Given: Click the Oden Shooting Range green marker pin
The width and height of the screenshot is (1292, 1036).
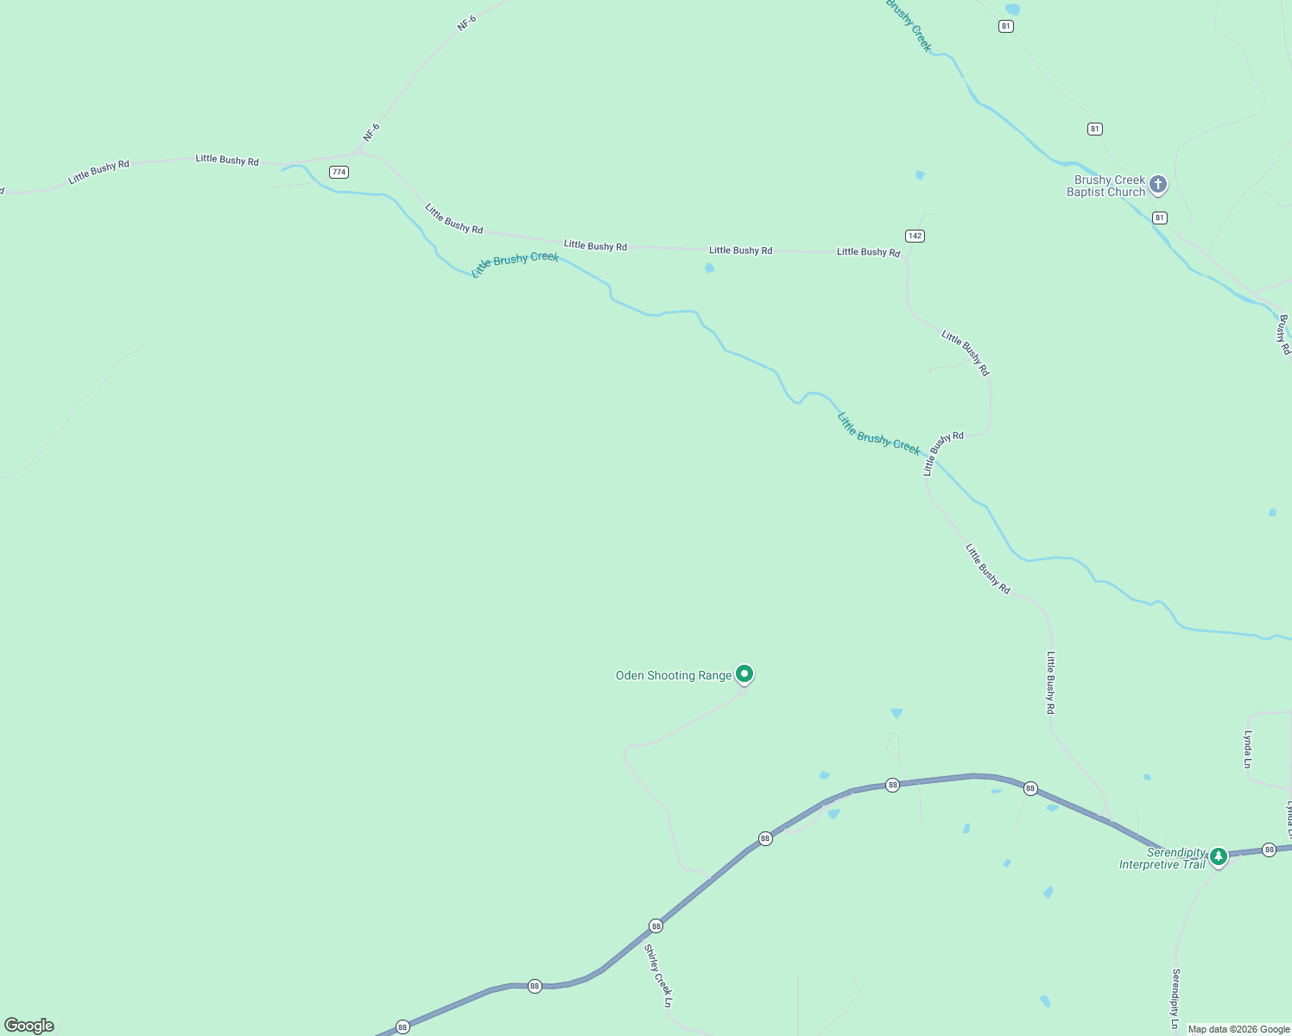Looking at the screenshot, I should point(744,673).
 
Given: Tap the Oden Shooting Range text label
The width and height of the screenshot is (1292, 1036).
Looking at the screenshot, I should point(673,675).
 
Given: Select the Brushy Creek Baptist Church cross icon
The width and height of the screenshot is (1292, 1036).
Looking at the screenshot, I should point(1158,184).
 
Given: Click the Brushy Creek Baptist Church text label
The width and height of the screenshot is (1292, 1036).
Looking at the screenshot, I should point(1105,186).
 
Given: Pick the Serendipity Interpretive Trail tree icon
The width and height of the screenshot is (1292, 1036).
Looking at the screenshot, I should point(1218,856).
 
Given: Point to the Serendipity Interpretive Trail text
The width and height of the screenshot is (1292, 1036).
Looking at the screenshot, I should point(1162,858).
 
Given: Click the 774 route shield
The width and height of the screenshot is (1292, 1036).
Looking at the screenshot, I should point(339,172).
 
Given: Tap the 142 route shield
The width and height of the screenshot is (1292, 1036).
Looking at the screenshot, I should point(915,236).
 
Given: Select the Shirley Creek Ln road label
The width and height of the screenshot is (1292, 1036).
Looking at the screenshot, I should point(658,976).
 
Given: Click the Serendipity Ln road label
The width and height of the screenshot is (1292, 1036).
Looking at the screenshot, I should point(1175,998).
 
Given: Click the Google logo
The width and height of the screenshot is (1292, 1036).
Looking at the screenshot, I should point(29,1026).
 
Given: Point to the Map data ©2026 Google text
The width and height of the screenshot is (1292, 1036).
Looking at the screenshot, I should point(1238,1029).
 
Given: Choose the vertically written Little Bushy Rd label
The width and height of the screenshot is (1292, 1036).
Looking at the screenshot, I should point(1050,682).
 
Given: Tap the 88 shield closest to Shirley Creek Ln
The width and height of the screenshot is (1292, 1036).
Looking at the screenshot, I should point(656,925).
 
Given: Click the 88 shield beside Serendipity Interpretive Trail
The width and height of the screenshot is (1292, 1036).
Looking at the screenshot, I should point(1269,850).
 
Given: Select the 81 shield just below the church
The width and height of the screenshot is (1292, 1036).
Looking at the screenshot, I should point(1160,218).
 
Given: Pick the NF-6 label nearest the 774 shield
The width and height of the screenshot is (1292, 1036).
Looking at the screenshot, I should point(371,133).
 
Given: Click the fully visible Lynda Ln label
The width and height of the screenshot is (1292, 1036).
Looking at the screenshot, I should point(1247,749).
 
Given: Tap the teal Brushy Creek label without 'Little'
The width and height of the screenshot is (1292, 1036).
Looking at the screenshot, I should point(909,26).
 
